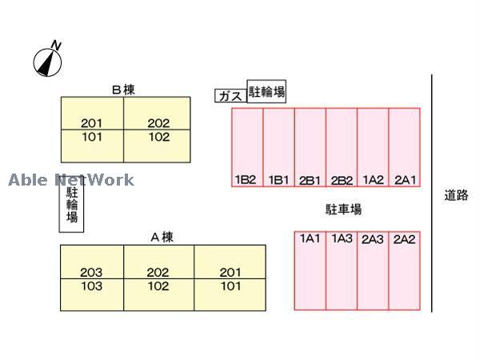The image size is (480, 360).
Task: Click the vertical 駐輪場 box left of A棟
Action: [72, 204]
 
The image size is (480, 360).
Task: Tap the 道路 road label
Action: [456, 194]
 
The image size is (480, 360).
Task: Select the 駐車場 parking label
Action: [343, 210]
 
